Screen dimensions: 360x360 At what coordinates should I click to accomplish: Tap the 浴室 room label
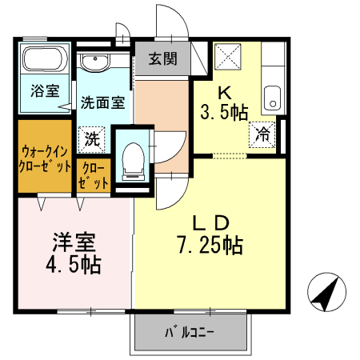click(46, 90)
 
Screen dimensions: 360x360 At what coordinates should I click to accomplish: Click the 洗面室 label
click(102, 102)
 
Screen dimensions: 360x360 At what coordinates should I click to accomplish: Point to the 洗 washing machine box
click(93, 138)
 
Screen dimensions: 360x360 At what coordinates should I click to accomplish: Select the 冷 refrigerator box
click(262, 134)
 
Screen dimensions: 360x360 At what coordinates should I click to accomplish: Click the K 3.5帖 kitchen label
click(223, 102)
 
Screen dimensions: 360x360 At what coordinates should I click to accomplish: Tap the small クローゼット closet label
click(94, 175)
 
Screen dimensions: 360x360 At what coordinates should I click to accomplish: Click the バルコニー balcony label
click(190, 330)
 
